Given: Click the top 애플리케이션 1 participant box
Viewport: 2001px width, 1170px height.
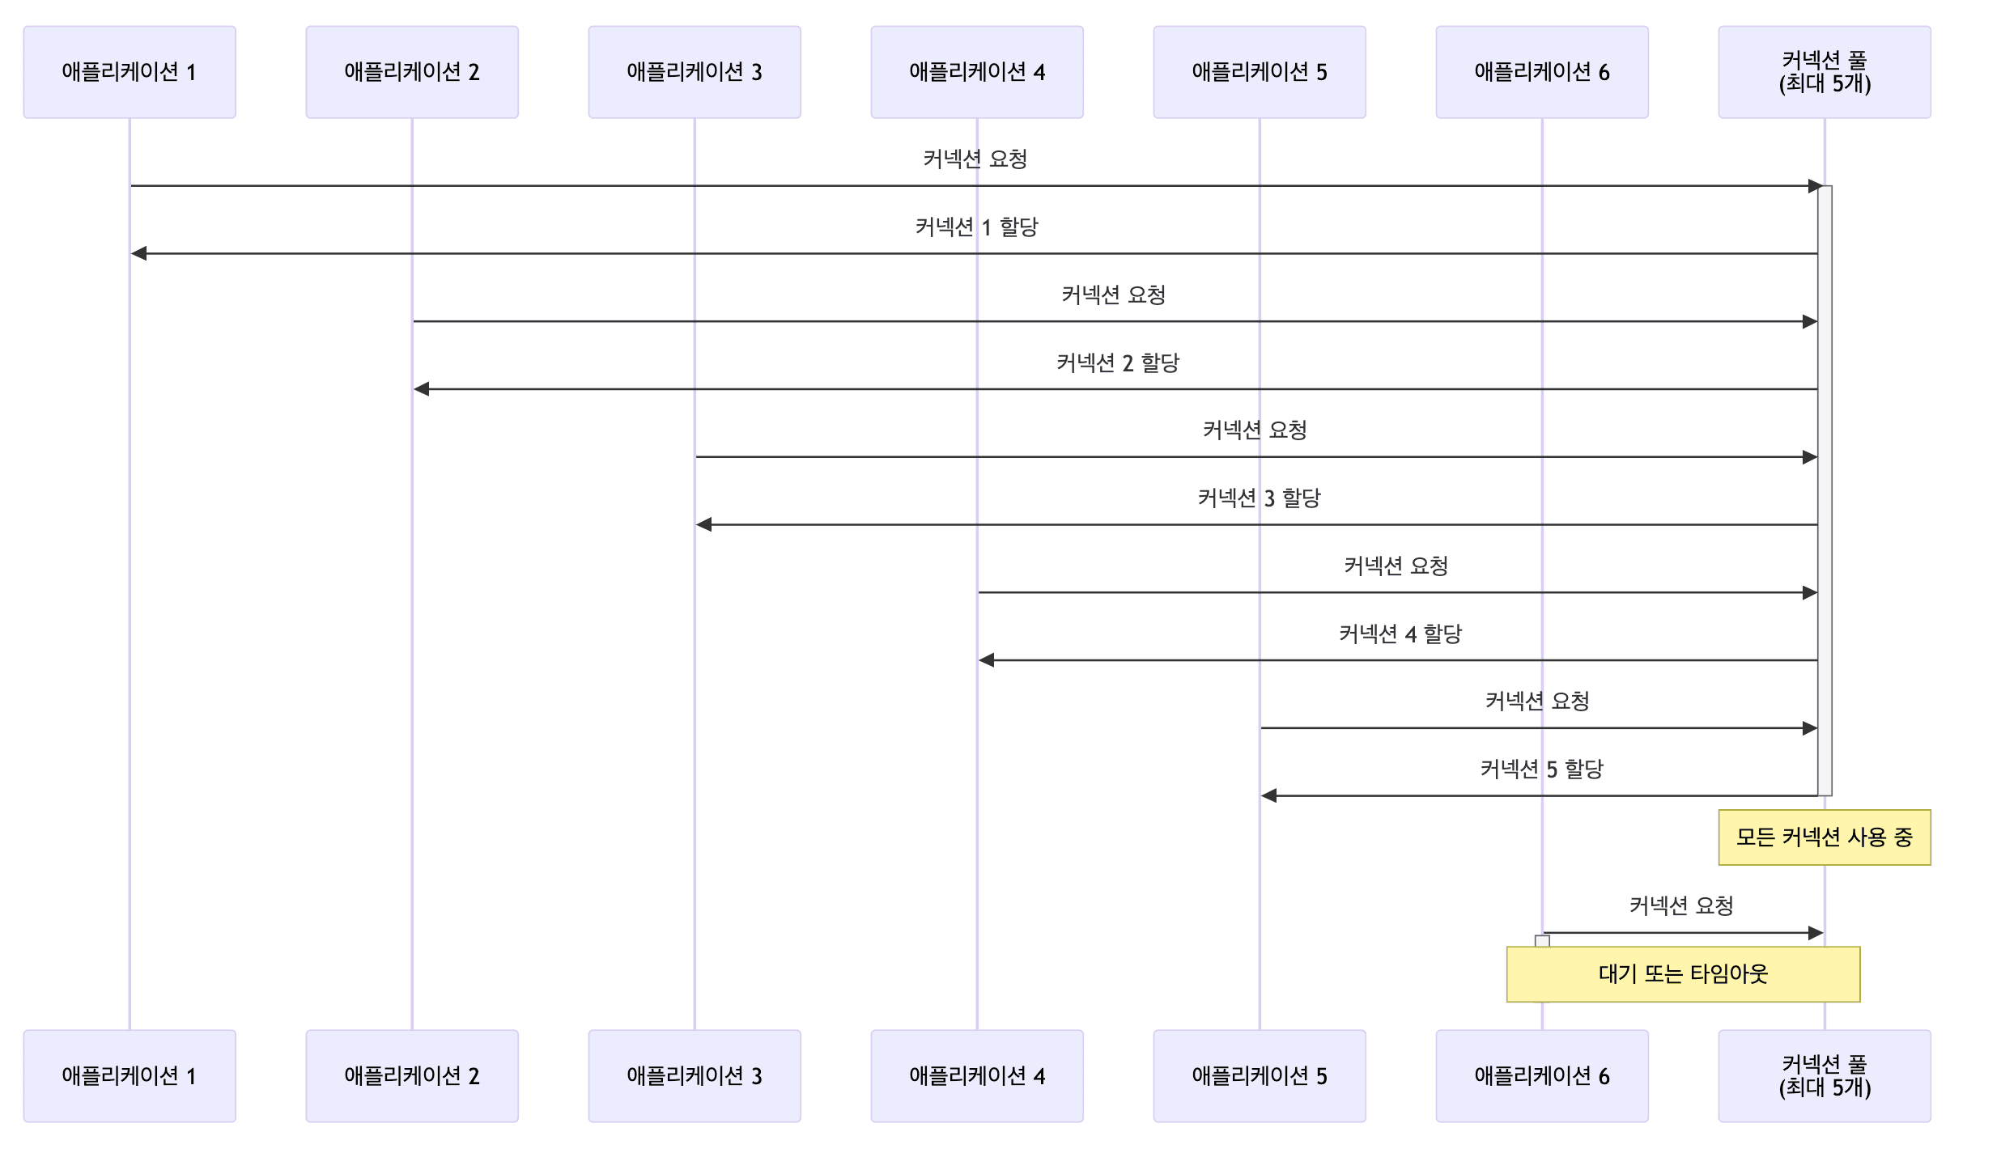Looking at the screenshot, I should tap(130, 72).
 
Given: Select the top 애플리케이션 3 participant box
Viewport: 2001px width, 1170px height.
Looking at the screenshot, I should tap(695, 72).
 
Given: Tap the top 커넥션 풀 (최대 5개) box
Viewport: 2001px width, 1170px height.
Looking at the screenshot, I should tap(1825, 72).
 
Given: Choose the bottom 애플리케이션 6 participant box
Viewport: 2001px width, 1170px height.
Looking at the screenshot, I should tap(1542, 1075).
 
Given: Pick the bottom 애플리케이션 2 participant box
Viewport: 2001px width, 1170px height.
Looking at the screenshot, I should tap(412, 1075).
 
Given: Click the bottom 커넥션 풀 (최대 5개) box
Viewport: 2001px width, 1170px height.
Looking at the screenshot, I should tap(1825, 1075).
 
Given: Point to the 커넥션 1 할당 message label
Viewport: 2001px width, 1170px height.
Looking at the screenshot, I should tap(976, 227).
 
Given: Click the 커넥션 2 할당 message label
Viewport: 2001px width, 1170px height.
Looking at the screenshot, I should tap(1118, 362).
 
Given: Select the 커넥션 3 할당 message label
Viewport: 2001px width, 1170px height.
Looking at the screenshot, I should tap(1259, 498).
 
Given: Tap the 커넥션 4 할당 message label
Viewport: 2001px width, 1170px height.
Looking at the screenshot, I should tap(1400, 634).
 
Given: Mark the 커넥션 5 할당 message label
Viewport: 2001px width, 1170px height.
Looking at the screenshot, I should tap(1541, 769).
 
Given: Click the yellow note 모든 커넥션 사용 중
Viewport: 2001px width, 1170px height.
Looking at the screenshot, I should tap(1825, 837).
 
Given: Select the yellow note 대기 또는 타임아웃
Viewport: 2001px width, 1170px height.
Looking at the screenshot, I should tap(1683, 974).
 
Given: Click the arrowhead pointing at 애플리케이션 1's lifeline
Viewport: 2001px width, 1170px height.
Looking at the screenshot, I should tap(139, 254).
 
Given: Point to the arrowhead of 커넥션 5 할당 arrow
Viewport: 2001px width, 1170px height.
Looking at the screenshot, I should tap(1269, 796).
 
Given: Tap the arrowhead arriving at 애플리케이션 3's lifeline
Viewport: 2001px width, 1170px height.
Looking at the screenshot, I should tap(704, 525).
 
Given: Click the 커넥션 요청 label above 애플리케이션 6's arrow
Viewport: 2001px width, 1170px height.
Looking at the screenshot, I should tap(1681, 905).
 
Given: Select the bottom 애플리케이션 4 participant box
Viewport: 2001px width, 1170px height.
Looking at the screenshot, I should tap(977, 1075).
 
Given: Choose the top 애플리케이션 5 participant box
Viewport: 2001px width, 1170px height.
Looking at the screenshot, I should tap(1260, 72).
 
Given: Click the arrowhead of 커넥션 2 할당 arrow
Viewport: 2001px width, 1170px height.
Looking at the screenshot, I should tap(422, 389).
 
